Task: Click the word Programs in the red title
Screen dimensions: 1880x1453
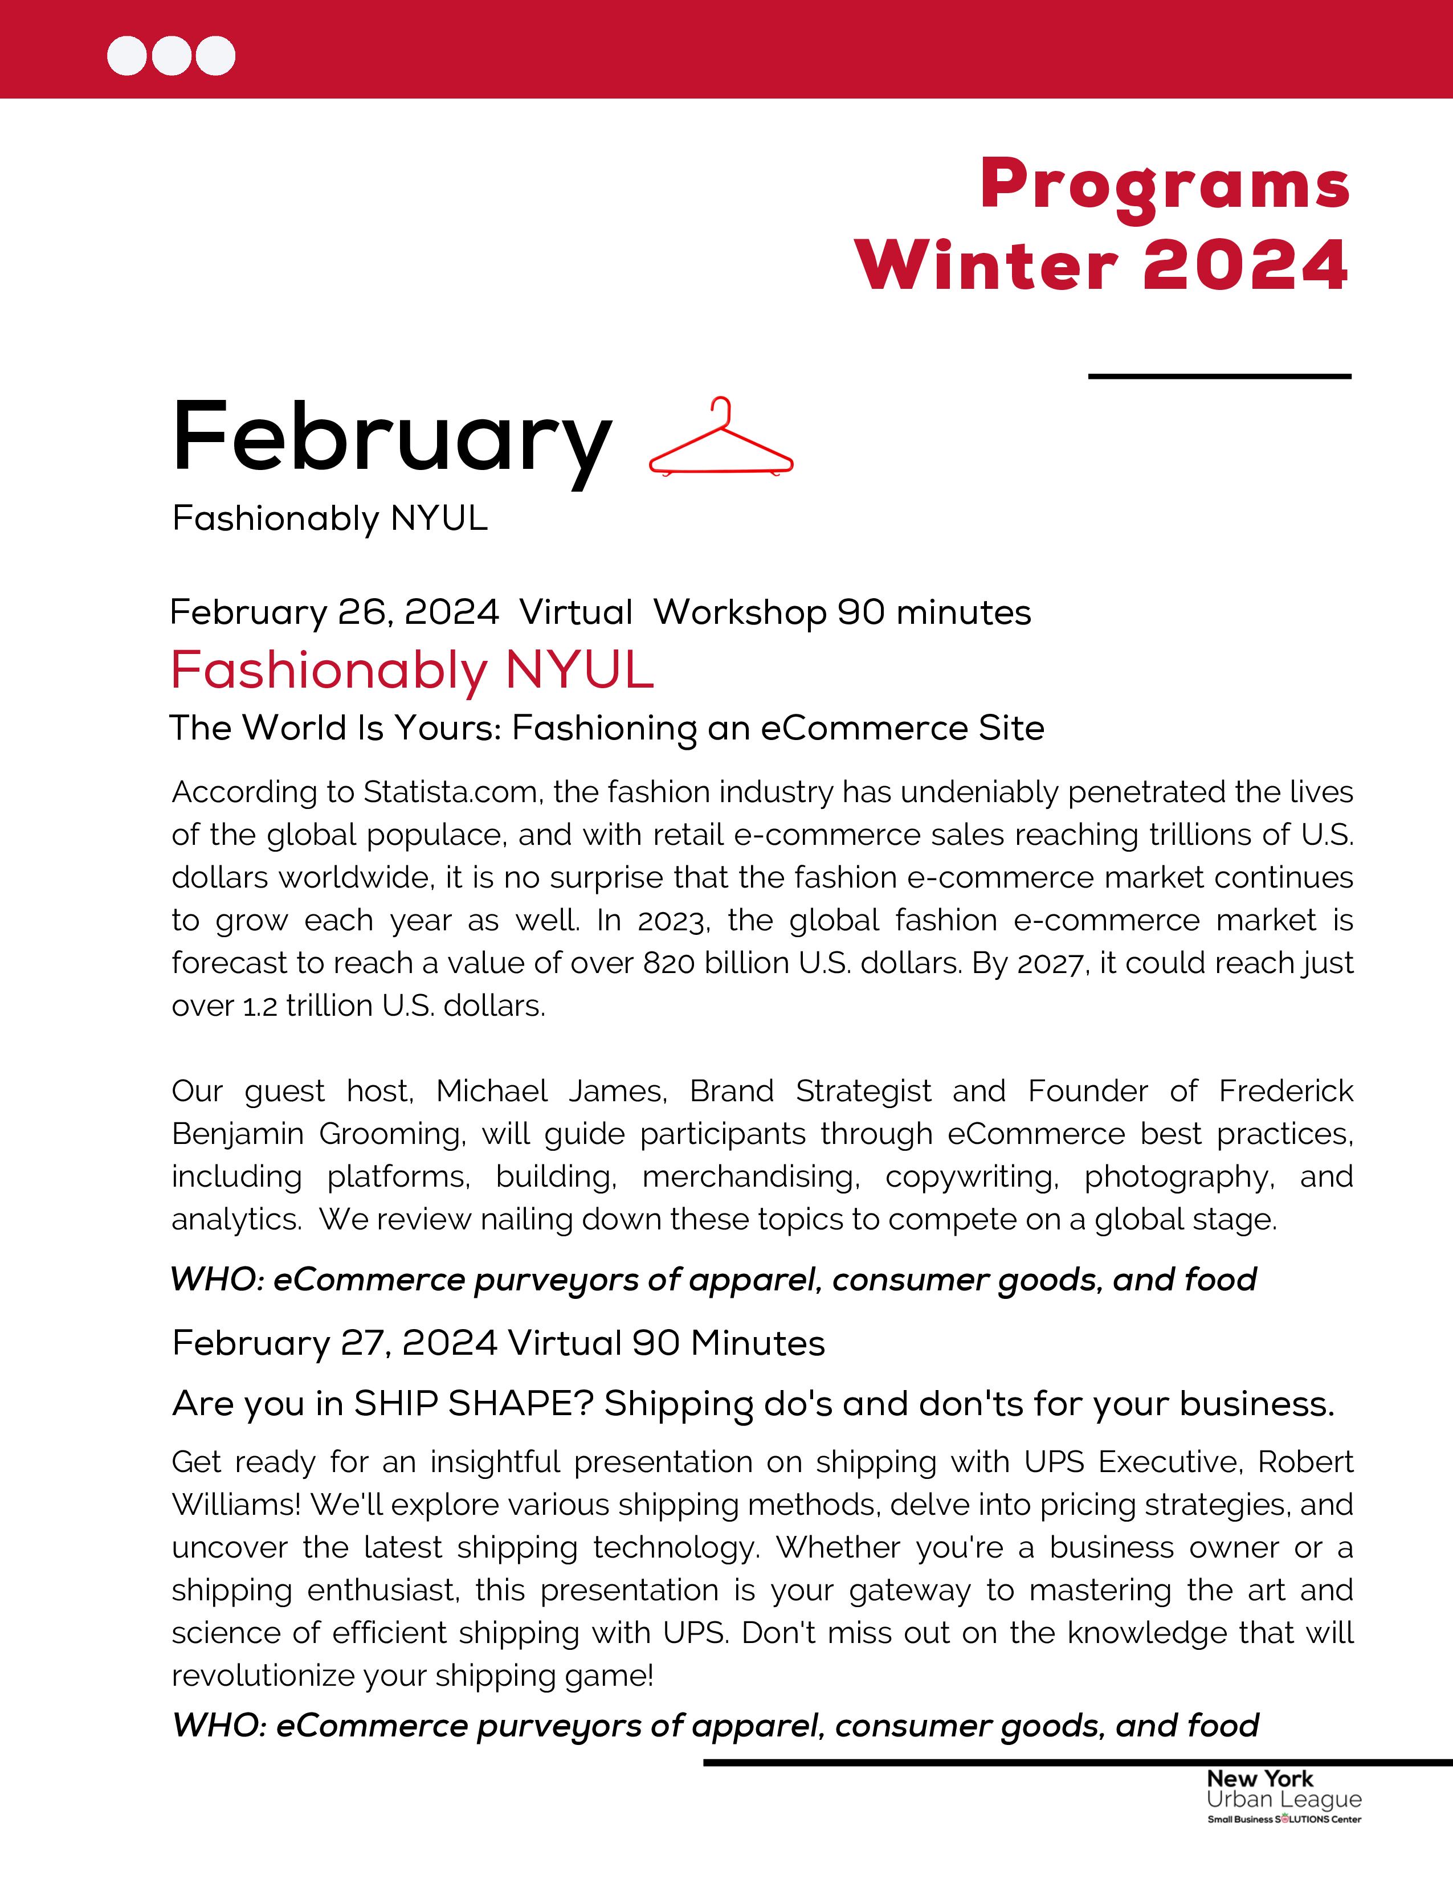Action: pos(1165,185)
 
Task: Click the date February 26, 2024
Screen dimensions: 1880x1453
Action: pos(334,612)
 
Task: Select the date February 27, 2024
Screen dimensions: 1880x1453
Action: pos(335,1343)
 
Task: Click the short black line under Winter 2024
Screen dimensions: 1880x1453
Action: pos(1219,376)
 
